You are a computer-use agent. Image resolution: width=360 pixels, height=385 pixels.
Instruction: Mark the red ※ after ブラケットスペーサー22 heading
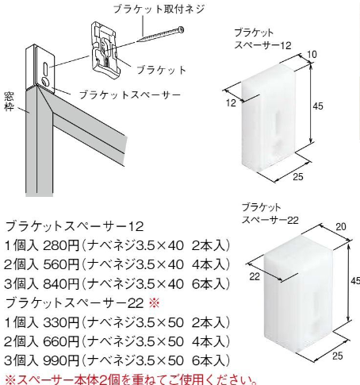(155, 303)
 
